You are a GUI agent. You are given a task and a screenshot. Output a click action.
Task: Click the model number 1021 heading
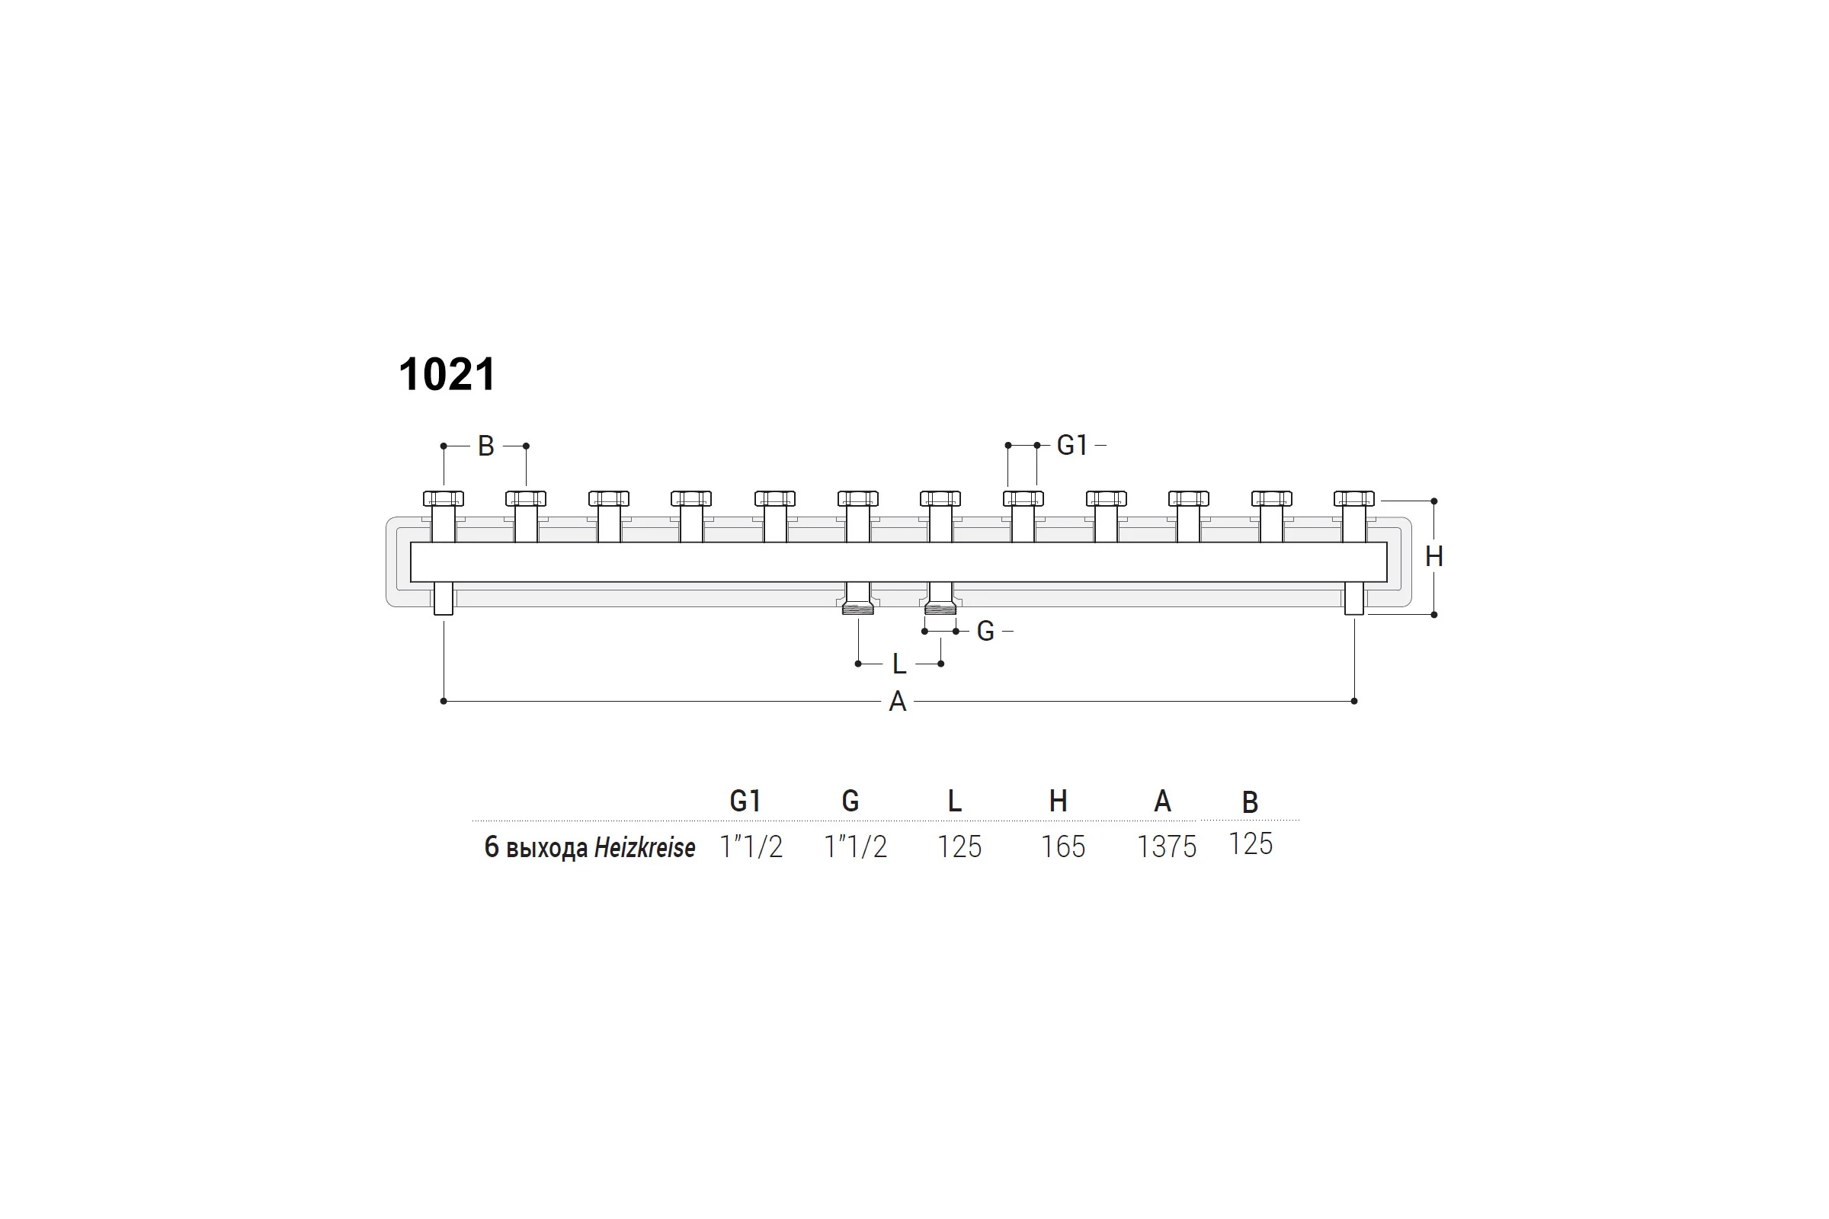click(447, 375)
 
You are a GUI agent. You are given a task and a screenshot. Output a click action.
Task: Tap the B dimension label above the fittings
click(486, 446)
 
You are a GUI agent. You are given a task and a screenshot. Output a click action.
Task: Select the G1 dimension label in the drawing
click(1071, 446)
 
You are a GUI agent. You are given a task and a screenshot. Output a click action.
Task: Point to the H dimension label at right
click(1434, 557)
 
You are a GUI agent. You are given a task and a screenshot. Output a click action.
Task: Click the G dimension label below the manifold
click(985, 632)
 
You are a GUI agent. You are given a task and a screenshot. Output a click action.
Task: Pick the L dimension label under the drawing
click(899, 664)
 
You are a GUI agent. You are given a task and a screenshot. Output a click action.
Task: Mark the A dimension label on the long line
click(898, 702)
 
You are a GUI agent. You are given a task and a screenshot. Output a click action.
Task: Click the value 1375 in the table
click(1167, 847)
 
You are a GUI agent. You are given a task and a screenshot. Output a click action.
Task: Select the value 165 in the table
click(1063, 847)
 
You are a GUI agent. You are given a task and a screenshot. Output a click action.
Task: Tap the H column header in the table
click(1059, 801)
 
